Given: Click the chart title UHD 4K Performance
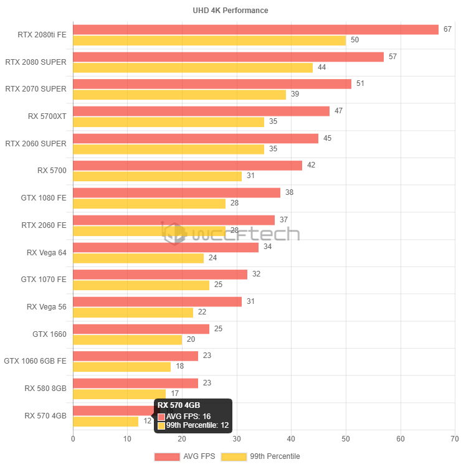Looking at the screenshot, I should coord(230,11).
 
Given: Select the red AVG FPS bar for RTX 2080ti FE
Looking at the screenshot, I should coord(255,30).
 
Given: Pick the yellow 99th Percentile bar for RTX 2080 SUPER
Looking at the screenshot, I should coord(192,68).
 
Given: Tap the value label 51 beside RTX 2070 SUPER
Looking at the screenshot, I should coord(359,83).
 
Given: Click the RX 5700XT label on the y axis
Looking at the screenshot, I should coord(47,116).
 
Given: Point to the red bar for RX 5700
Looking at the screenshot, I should coord(187,166).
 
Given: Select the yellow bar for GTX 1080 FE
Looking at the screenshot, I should coord(149,204).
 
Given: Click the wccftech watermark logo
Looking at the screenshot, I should coord(230,233).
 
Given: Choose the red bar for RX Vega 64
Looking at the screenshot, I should coord(165,247).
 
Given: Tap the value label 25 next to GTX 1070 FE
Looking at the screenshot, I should coord(217,285).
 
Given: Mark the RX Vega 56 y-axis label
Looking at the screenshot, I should coord(46,306).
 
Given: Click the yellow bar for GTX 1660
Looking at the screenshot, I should coord(127,340).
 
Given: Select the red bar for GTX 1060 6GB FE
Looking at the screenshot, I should coord(135,356).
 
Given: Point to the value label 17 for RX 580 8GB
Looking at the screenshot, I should coord(174,394).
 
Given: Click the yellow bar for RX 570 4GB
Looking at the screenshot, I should coord(105,422).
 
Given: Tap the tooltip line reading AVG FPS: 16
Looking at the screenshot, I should coord(188,417).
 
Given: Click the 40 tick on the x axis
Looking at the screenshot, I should coord(291,439).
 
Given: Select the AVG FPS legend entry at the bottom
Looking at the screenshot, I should coord(185,456).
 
